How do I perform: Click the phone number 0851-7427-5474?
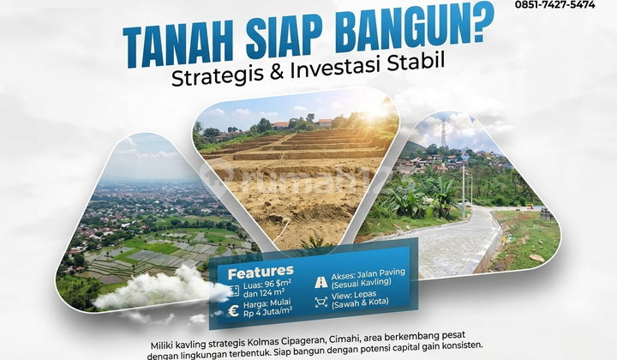(x=554, y=5)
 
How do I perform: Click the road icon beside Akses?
(x=321, y=281)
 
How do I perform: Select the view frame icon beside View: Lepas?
(x=321, y=301)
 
